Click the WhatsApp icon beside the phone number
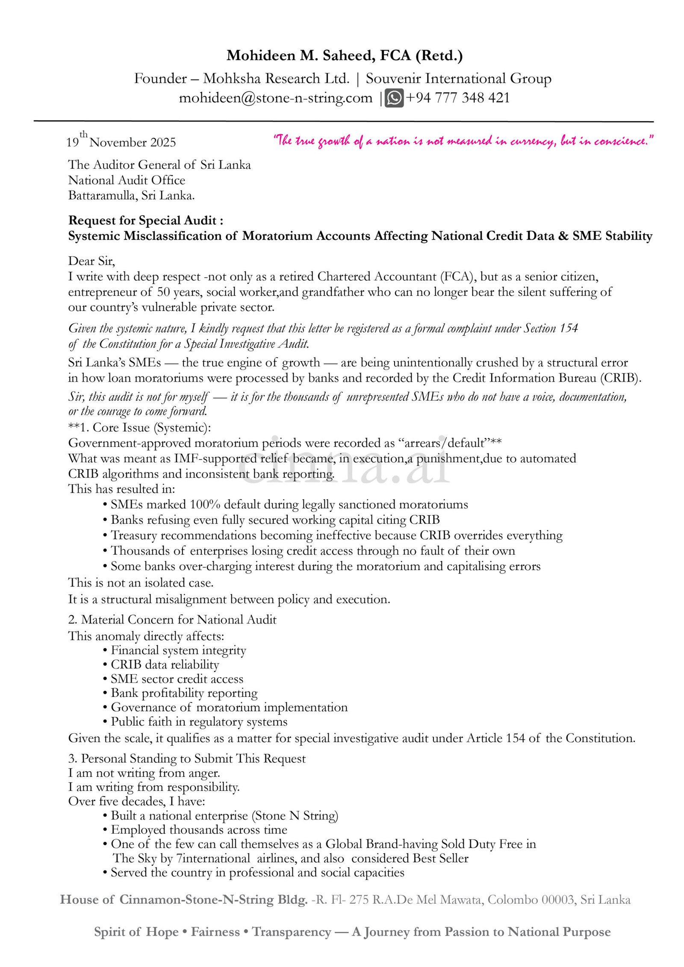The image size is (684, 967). (394, 98)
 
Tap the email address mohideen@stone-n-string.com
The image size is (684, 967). (275, 98)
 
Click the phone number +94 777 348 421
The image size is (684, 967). (457, 98)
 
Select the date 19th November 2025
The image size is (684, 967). (121, 142)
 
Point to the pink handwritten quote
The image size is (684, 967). (463, 141)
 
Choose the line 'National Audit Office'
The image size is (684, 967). (127, 180)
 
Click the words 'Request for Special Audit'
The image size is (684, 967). (142, 220)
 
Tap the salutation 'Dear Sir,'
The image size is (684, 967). (91, 261)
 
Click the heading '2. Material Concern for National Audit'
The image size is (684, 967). (172, 620)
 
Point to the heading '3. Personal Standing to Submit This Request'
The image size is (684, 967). (187, 758)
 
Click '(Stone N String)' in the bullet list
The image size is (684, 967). (295, 815)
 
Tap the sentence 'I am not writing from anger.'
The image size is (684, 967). (144, 773)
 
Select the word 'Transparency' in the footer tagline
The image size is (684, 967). (291, 932)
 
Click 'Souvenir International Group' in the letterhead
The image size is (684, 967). (458, 79)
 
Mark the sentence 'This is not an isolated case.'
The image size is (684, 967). (141, 583)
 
